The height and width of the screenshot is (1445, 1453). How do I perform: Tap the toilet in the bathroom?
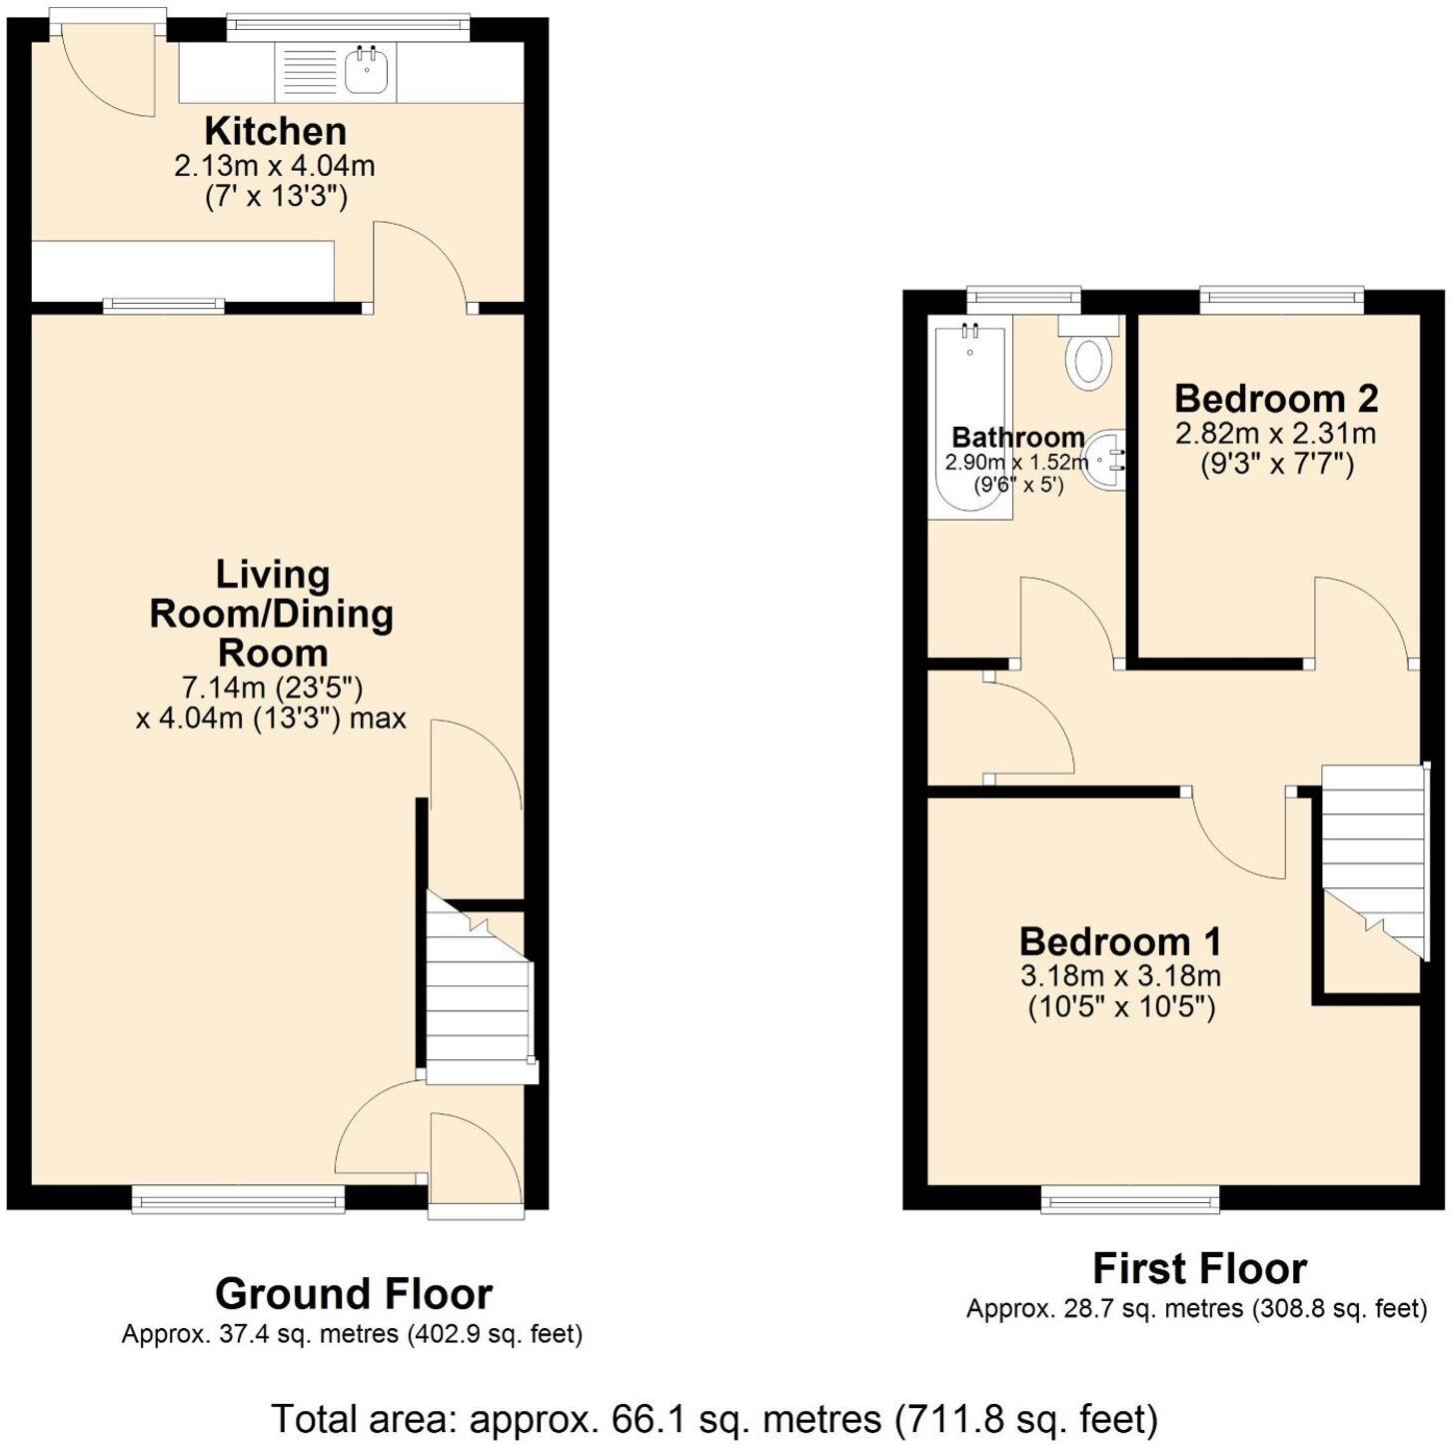coord(1089,360)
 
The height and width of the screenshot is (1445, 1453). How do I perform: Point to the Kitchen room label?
coord(275,131)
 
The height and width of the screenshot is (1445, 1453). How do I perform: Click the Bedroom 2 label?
coord(1276,398)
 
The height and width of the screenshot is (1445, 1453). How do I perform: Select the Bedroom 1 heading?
coord(1120,941)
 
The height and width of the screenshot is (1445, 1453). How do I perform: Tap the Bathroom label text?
coord(1017,437)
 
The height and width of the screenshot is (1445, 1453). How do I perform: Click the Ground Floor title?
coord(353,1294)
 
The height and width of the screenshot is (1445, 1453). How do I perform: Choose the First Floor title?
coord(1199,1269)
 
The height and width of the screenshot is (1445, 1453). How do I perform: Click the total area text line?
coord(714,1419)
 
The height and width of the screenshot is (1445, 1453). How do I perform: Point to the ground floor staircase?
coord(478,989)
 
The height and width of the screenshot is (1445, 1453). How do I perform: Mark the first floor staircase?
coord(1372,859)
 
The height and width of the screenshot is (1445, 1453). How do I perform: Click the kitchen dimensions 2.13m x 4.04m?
coord(275,166)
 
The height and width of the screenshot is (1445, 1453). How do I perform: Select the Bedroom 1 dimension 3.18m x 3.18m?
coord(1120,975)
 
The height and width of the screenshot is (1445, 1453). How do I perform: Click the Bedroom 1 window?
coord(1129,1198)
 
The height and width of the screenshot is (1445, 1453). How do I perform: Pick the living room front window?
coord(238,1198)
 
